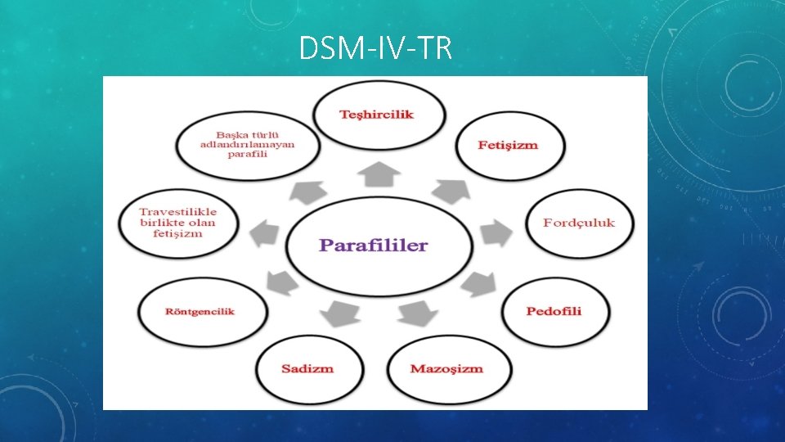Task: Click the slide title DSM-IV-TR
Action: click(x=375, y=50)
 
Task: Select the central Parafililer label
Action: click(x=374, y=246)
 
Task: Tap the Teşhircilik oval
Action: click(x=377, y=115)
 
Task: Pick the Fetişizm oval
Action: click(x=508, y=146)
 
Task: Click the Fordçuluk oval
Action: click(x=579, y=223)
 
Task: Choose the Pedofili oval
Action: click(x=554, y=312)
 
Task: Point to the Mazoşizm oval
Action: click(x=446, y=368)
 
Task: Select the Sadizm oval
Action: click(x=307, y=368)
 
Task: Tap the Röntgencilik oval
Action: click(x=200, y=312)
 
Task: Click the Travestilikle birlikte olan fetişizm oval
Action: click(x=177, y=223)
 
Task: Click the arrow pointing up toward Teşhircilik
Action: click(x=377, y=173)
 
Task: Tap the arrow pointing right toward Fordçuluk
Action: click(x=495, y=232)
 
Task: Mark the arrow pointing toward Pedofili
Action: click(x=474, y=284)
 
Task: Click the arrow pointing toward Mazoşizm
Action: click(x=418, y=313)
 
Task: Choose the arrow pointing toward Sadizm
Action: click(x=339, y=313)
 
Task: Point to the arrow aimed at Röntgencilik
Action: click(x=280, y=284)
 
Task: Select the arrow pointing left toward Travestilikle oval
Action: click(x=263, y=232)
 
